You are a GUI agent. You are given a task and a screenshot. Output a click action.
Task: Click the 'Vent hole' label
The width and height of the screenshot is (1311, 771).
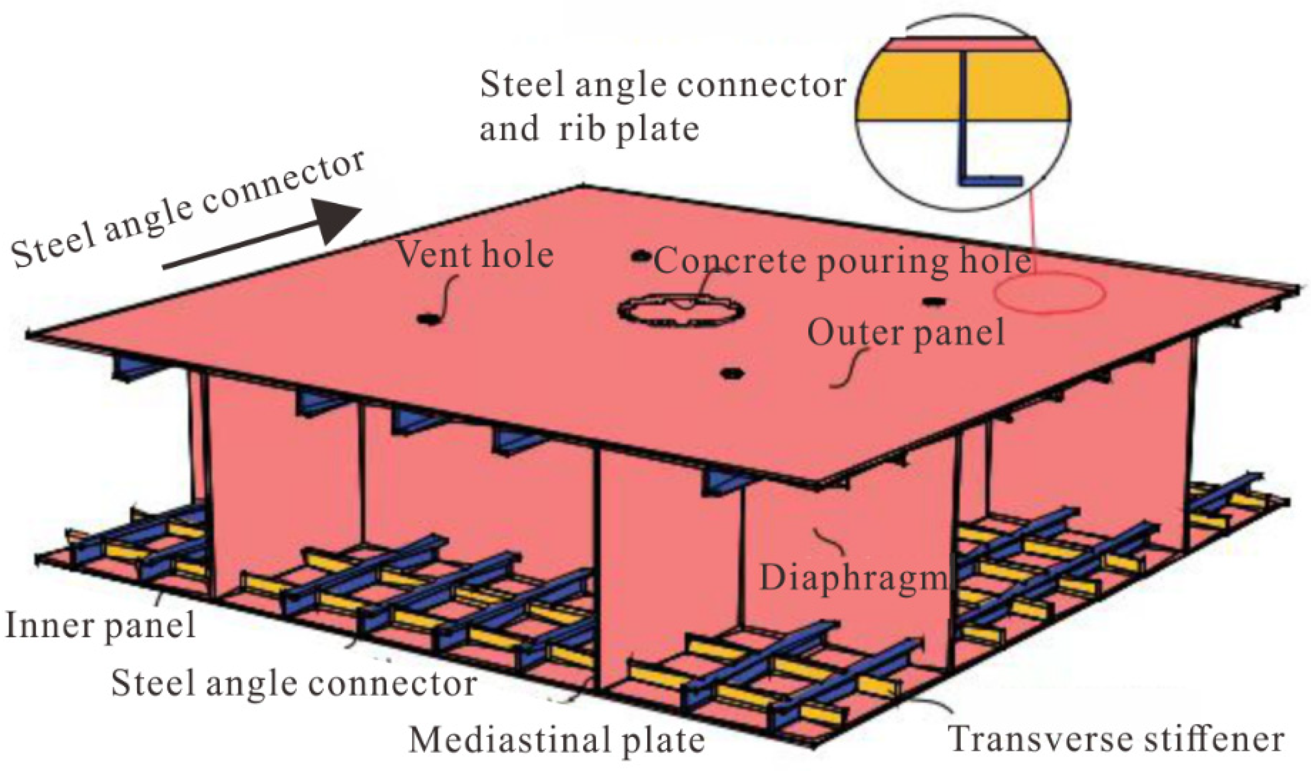coord(475,255)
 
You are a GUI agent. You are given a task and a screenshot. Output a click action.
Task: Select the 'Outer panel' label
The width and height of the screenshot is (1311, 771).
coord(906,333)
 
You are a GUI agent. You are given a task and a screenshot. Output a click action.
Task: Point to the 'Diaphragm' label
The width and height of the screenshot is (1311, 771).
coord(854,578)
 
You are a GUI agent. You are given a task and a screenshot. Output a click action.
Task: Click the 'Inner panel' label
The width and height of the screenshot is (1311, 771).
coord(100,626)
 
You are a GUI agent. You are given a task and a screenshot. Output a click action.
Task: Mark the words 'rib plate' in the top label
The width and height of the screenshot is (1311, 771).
coord(629,129)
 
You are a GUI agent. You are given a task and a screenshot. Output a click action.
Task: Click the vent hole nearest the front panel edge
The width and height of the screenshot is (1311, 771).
coord(732,373)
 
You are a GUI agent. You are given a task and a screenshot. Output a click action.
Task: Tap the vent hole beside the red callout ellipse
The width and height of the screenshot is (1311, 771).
coord(933,301)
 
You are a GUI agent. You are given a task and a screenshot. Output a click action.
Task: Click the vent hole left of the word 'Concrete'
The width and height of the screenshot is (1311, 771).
coord(641,256)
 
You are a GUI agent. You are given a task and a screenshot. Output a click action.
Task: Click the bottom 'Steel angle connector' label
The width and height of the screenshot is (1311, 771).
coord(294,683)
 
